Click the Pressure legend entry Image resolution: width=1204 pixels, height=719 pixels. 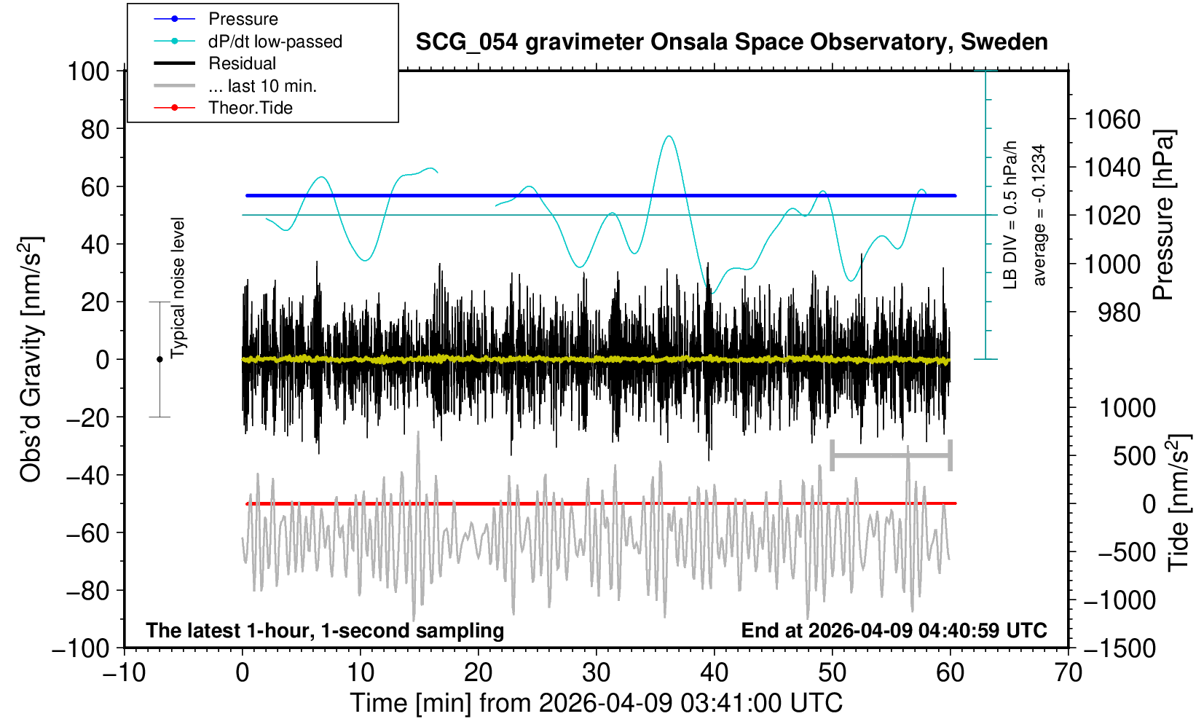tap(243, 19)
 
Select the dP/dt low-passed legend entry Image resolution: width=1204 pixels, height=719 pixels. tap(275, 42)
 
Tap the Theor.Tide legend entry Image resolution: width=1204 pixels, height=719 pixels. tap(250, 108)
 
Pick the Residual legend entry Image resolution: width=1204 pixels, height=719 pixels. tap(242, 63)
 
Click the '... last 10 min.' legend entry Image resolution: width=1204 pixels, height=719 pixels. tap(262, 86)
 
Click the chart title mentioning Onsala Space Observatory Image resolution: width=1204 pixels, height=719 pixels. tap(731, 42)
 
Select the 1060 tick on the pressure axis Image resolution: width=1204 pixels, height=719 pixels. tap(1112, 119)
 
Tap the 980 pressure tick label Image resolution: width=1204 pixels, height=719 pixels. tap(1120, 313)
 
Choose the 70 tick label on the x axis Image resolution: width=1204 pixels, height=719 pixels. tap(1068, 672)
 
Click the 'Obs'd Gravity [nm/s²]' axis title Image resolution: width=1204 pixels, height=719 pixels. tap(31, 359)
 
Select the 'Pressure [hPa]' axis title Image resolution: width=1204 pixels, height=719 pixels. tap(1163, 215)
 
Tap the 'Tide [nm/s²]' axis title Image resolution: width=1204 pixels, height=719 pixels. tap(1179, 503)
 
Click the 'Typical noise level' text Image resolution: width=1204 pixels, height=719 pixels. tap(178, 288)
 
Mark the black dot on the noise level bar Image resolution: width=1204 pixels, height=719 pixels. tap(160, 359)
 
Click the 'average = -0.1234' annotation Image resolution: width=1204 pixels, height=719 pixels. tap(1039, 215)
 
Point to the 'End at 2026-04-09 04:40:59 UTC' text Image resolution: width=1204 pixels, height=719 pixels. tap(894, 630)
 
